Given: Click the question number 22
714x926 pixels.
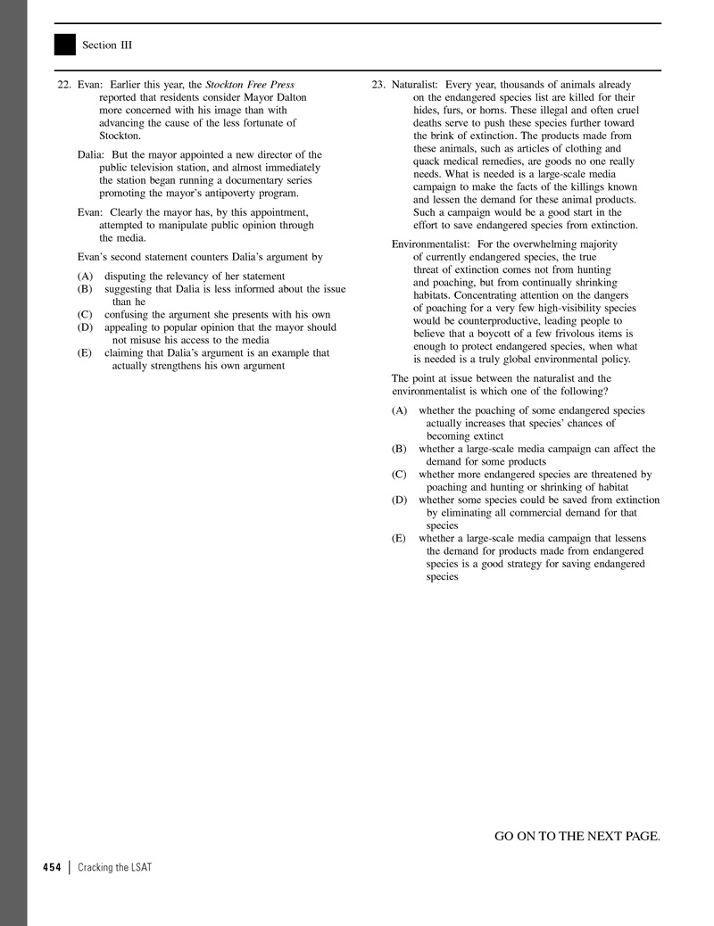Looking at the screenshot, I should pyautogui.click(x=63, y=85).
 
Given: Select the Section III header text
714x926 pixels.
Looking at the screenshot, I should pyautogui.click(x=107, y=45).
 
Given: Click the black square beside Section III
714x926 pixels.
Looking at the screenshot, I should pyautogui.click(x=65, y=45).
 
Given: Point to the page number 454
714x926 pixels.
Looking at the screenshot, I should pyautogui.click(x=52, y=867).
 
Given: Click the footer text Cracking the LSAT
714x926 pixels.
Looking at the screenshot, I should pyautogui.click(x=114, y=867).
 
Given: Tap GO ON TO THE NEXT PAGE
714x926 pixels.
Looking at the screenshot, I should pyautogui.click(x=577, y=836).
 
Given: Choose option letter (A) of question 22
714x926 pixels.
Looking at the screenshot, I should pyautogui.click(x=85, y=277).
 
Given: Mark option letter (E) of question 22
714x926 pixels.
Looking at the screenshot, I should pyautogui.click(x=85, y=353).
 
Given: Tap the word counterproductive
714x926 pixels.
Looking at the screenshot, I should pyautogui.click(x=473, y=320).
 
